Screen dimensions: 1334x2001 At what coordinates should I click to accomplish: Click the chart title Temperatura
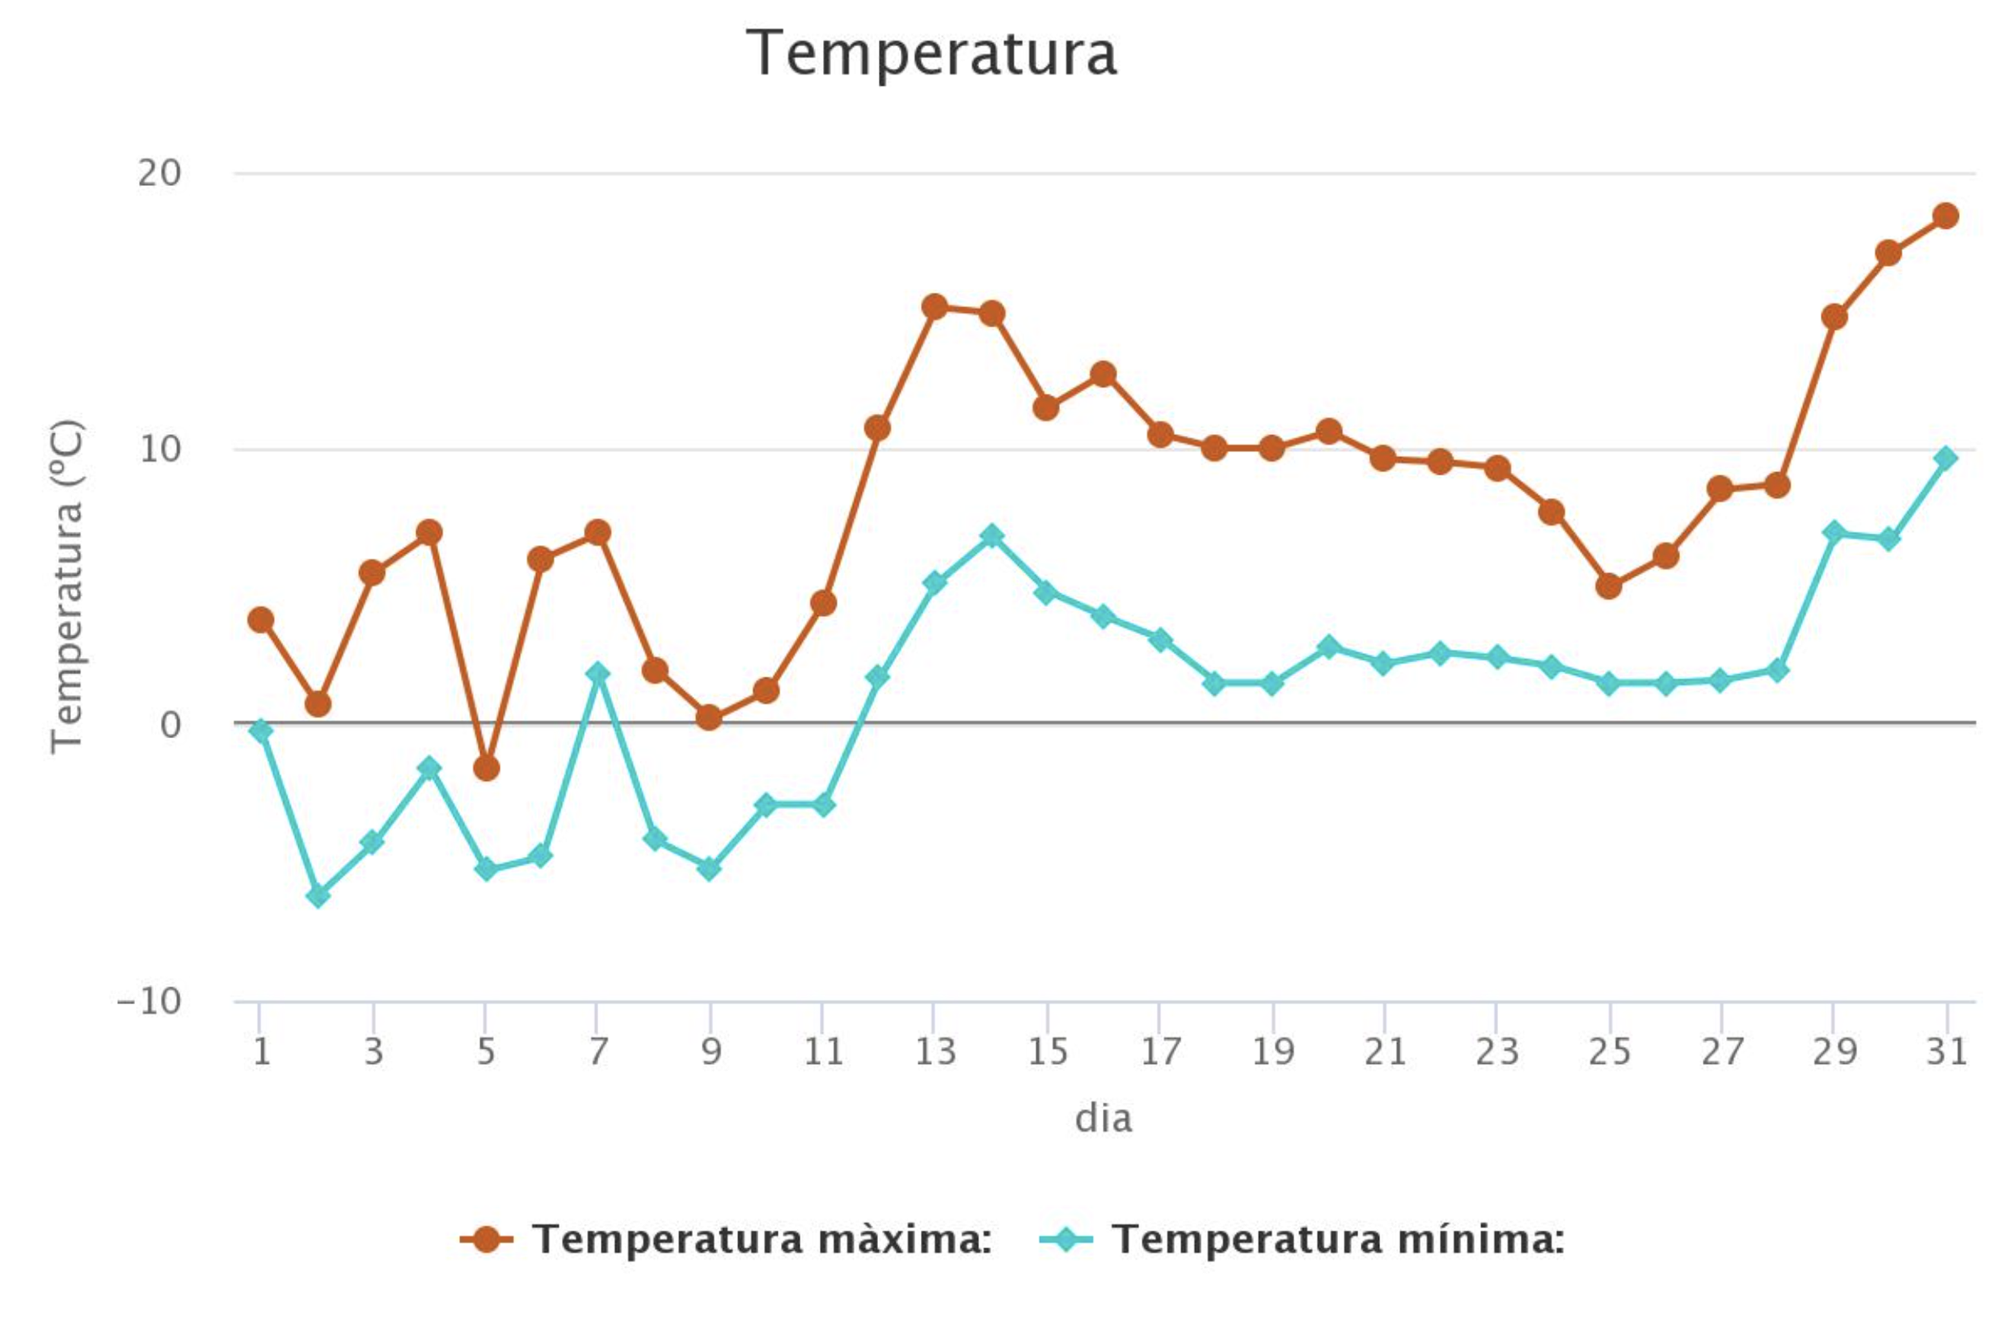point(931,53)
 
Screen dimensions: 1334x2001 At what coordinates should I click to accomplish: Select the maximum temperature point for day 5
point(486,767)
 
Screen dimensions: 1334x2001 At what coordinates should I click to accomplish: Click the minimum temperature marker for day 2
point(317,895)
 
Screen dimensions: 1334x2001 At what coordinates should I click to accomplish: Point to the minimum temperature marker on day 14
point(991,536)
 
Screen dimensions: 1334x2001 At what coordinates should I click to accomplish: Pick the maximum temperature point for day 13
point(935,307)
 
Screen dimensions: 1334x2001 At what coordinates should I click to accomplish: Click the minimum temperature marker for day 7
point(598,674)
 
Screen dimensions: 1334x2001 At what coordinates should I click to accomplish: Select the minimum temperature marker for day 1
point(261,730)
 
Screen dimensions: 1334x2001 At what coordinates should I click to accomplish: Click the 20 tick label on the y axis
point(160,174)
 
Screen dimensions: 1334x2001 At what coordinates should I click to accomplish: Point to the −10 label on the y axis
point(149,1001)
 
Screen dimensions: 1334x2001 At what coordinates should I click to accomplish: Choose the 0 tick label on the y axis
point(170,725)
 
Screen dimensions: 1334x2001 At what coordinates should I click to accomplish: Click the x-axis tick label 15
point(1047,1053)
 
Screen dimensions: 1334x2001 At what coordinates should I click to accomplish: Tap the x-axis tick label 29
point(1833,1053)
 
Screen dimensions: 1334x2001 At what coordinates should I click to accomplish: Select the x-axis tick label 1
point(261,1053)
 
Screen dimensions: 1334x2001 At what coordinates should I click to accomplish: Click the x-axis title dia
point(1103,1118)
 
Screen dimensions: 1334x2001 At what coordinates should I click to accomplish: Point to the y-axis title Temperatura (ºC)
point(66,587)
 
